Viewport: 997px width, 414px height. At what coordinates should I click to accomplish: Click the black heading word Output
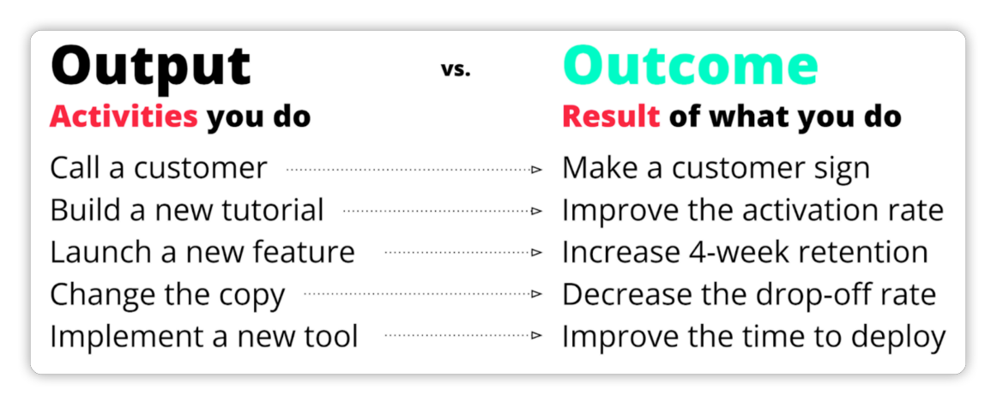pos(151,66)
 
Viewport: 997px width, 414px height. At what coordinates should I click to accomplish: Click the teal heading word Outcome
pos(690,66)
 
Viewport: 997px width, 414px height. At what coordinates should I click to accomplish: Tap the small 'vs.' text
pos(456,69)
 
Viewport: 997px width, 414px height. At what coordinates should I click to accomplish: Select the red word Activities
pos(124,117)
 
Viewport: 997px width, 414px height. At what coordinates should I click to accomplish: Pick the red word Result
pos(611,117)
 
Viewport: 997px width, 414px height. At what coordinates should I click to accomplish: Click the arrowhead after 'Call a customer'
pos(537,170)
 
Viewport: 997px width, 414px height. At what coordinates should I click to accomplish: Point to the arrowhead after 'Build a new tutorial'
pos(537,211)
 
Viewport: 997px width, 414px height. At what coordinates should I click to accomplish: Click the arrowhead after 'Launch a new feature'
pos(537,253)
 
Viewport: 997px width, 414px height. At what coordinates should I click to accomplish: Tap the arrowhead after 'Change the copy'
pos(537,294)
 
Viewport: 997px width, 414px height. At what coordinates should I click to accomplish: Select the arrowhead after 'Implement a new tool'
pos(537,335)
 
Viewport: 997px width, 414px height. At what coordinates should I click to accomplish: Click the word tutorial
pos(277,210)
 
